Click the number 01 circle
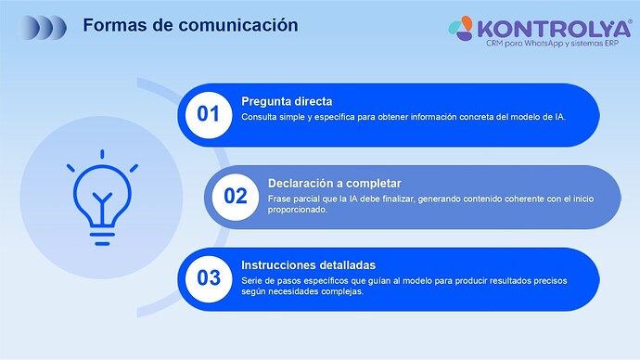coord(209,114)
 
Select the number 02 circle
coord(236,196)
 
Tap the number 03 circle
coord(209,277)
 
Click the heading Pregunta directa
coord(287,101)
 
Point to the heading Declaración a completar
coord(334,183)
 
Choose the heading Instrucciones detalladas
coord(308,264)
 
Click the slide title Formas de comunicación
coord(190,25)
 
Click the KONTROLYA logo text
coord(547,26)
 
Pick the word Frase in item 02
coord(279,199)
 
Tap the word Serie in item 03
coord(252,280)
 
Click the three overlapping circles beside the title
coord(45,26)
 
